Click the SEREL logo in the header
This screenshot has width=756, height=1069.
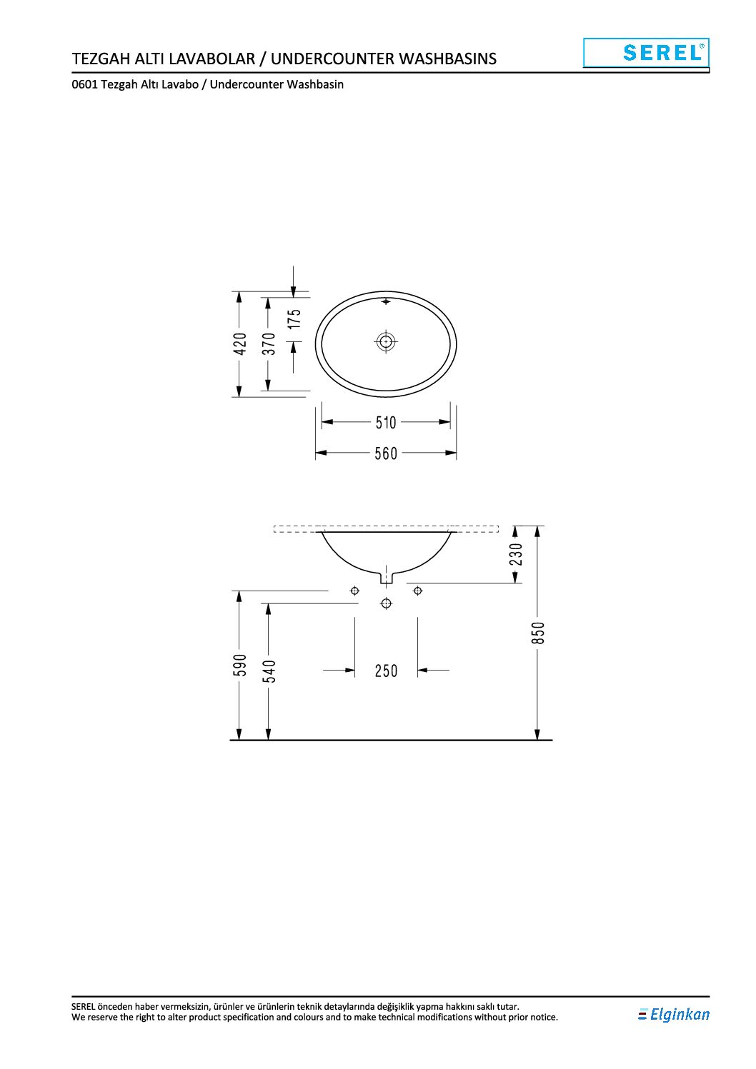[646, 53]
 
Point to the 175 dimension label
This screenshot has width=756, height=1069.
[295, 318]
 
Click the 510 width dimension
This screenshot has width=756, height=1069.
[386, 422]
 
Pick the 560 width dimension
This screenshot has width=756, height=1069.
[386, 453]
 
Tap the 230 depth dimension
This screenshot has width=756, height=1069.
[516, 554]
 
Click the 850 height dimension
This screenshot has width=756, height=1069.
[538, 633]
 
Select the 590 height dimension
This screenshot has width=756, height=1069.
[240, 665]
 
